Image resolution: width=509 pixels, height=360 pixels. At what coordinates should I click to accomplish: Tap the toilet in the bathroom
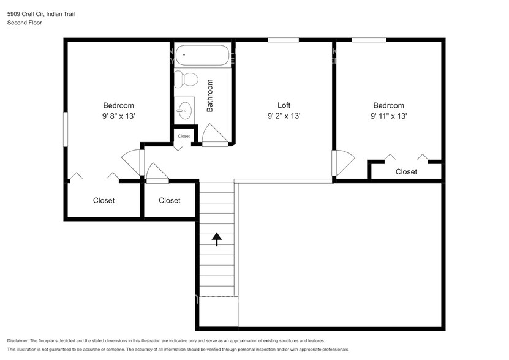[186, 80]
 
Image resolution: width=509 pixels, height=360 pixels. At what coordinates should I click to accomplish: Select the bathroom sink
[184, 111]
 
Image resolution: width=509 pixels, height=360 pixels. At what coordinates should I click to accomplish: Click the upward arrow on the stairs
[217, 239]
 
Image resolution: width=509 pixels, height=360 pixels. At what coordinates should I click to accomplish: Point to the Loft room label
[284, 105]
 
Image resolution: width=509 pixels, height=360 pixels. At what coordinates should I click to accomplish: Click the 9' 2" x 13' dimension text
[284, 116]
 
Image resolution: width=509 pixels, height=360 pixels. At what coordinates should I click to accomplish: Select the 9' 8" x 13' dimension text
[118, 116]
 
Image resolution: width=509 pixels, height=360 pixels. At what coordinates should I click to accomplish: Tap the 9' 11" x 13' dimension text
[388, 116]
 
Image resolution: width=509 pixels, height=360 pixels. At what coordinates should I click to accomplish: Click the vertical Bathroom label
[209, 96]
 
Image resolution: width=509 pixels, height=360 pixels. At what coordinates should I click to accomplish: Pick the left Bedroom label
[118, 105]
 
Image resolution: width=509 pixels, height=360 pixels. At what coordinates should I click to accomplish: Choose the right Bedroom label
[388, 105]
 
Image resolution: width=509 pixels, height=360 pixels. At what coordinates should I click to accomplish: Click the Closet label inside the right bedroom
[406, 172]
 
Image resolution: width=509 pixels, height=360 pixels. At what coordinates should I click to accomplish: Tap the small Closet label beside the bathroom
[184, 136]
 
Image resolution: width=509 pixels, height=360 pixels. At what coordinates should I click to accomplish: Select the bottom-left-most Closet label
[104, 200]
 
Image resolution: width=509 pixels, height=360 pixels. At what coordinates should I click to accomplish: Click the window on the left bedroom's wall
[65, 128]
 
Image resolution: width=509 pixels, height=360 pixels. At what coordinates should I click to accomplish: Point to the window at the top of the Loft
[283, 40]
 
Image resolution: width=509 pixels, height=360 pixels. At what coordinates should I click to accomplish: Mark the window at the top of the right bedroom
[369, 40]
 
